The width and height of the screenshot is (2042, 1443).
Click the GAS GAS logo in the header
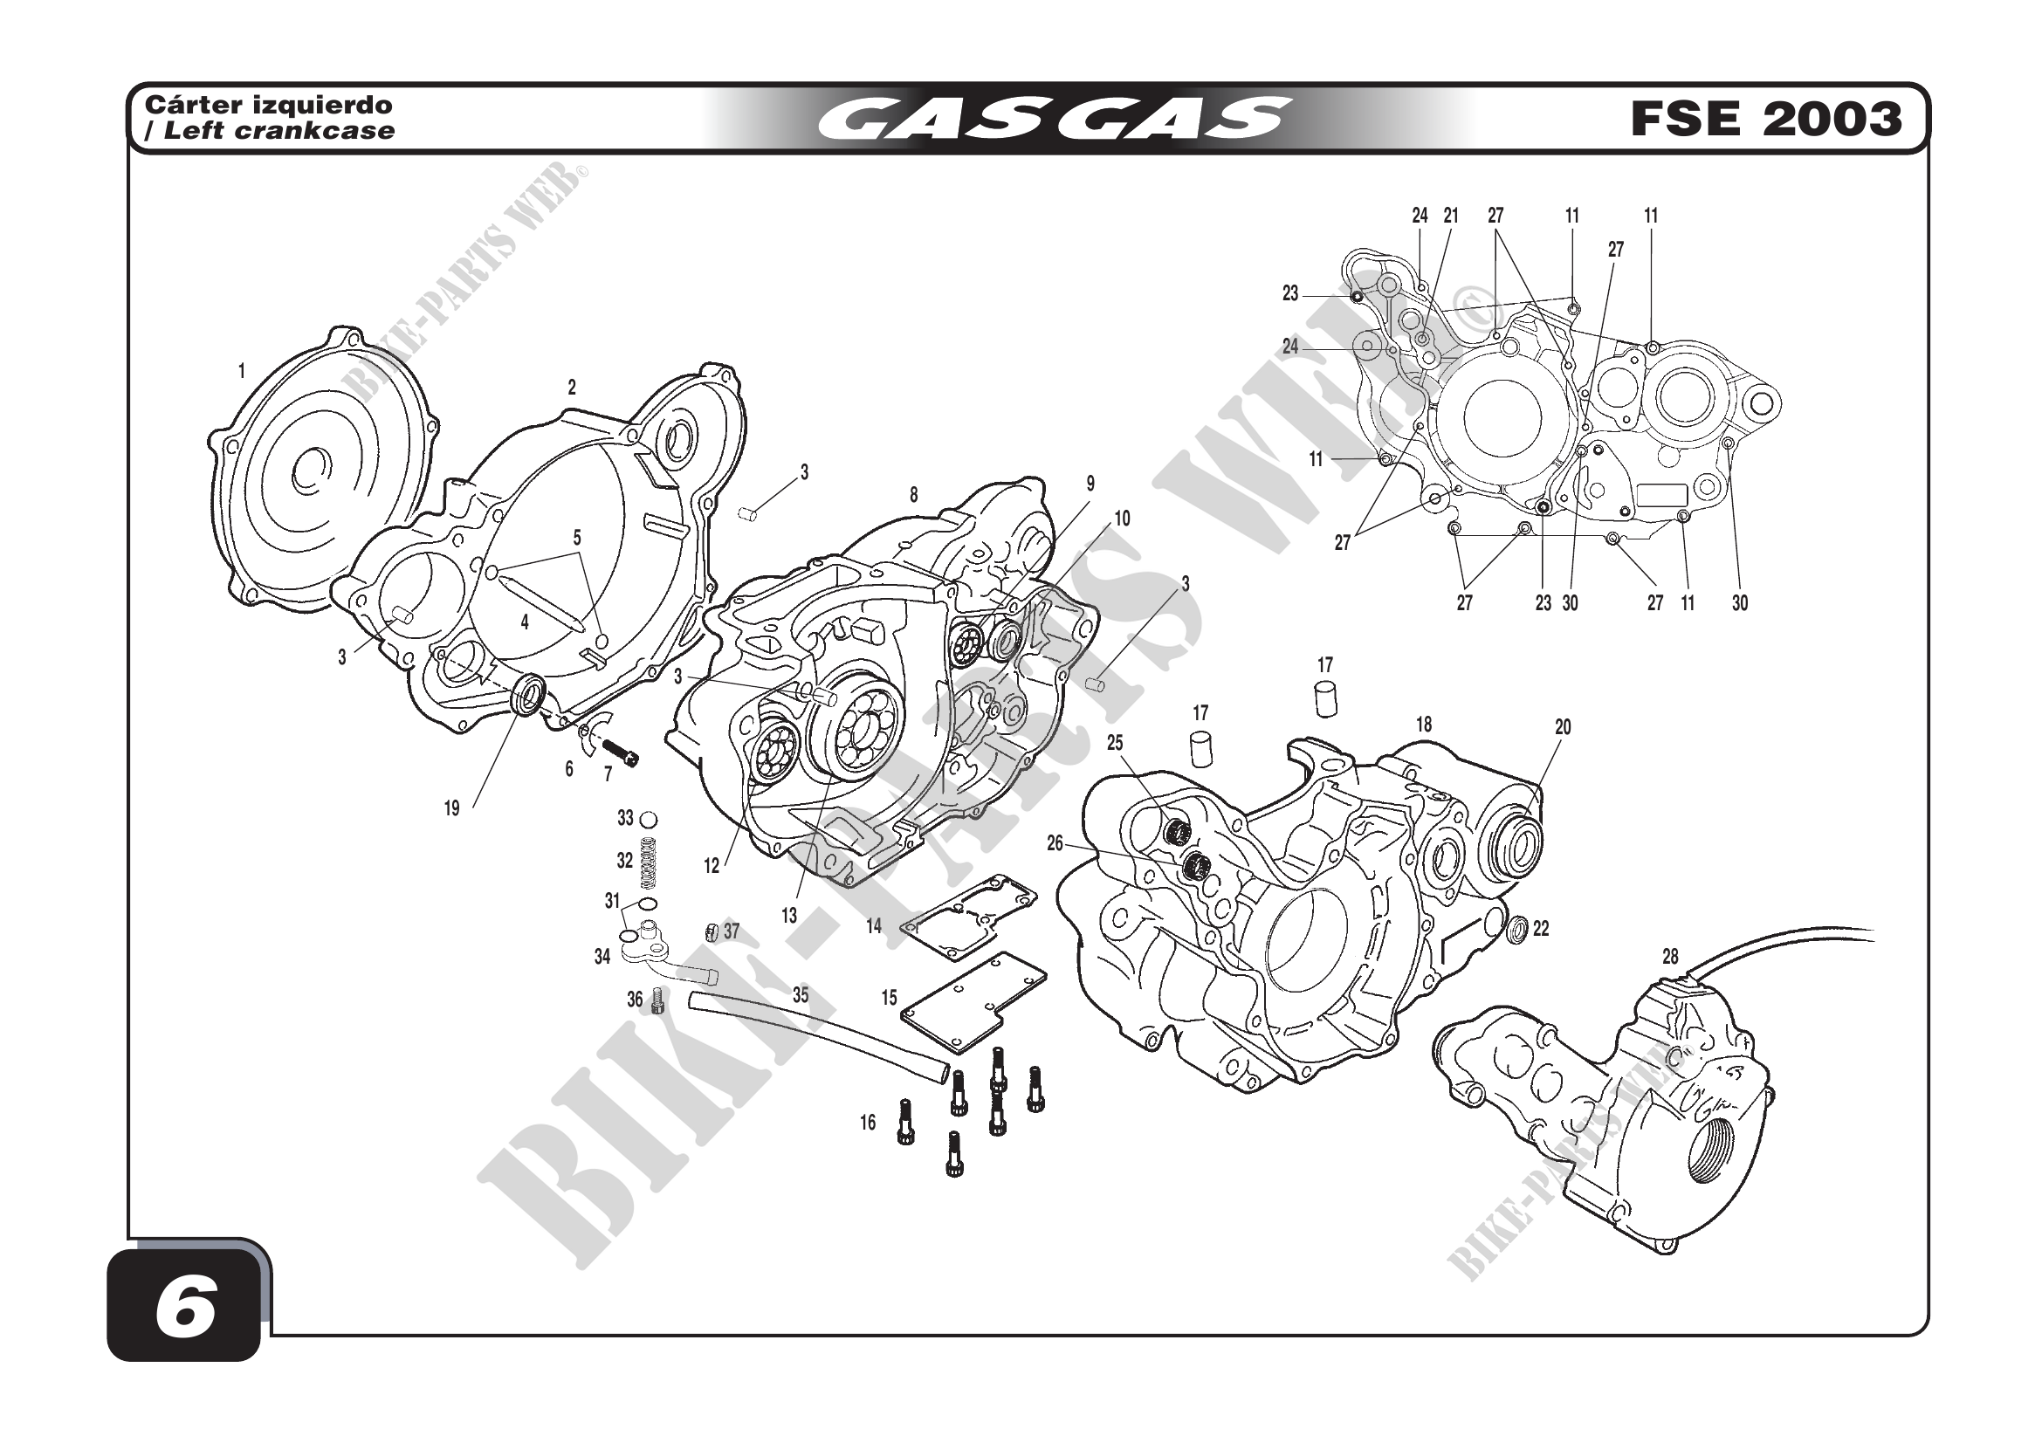click(x=1055, y=120)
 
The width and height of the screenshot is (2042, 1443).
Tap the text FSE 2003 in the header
click(x=1765, y=120)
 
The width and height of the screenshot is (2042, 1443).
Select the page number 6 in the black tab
click(x=184, y=1310)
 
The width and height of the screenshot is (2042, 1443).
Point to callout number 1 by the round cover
click(x=241, y=372)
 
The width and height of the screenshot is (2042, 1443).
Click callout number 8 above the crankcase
click(x=913, y=496)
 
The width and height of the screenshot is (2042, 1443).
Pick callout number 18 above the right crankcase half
click(x=1424, y=725)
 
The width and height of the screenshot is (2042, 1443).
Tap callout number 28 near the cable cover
click(x=1670, y=957)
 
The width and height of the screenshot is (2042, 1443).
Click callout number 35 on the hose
click(x=801, y=996)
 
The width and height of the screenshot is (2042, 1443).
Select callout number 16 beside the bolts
click(x=868, y=1123)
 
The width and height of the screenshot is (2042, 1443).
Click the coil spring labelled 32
click(x=650, y=862)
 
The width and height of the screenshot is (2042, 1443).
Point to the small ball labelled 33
click(x=649, y=819)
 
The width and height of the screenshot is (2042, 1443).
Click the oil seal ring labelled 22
click(x=1516, y=930)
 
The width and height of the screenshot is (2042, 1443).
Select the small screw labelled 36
click(x=658, y=1001)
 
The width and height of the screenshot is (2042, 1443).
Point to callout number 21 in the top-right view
click(x=1452, y=215)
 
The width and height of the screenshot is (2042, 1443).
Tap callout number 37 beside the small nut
click(x=731, y=931)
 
